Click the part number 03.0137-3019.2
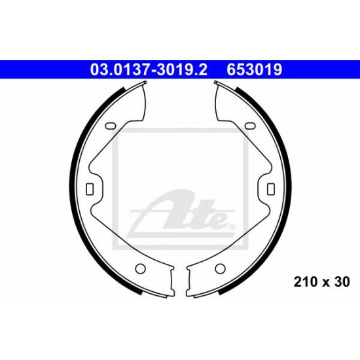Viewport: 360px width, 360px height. (x=149, y=69)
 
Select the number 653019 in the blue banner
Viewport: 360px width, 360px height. (x=255, y=69)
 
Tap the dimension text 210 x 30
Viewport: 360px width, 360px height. (x=321, y=282)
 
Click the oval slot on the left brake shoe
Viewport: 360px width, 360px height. (x=111, y=126)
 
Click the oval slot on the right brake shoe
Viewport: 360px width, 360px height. (x=250, y=126)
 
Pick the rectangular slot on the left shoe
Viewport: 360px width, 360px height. (x=90, y=189)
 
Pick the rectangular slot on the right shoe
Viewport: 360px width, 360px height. (x=271, y=189)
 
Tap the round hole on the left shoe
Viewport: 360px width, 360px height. (x=140, y=268)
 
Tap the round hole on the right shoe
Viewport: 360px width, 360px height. (x=220, y=268)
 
